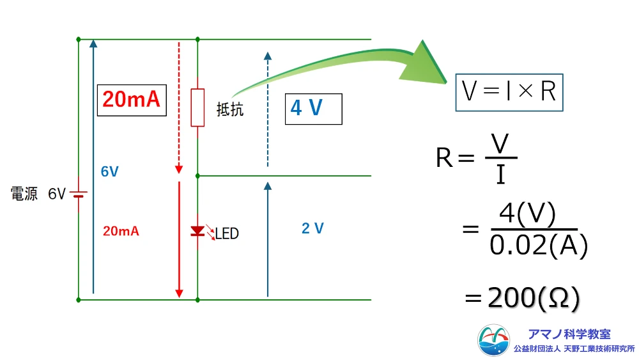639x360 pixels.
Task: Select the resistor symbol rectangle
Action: coord(197,107)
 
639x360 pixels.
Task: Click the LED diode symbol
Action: coord(197,231)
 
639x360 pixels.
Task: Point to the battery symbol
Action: coord(79,193)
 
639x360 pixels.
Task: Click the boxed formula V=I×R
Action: coord(509,93)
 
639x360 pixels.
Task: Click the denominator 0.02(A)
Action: coord(538,246)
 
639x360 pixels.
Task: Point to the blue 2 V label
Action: coord(312,228)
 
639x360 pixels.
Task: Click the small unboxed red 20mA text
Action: coord(121,231)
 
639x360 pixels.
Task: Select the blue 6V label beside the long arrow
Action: coord(110,171)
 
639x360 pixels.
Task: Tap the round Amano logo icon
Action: coord(494,340)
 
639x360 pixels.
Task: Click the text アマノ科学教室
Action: coord(569,334)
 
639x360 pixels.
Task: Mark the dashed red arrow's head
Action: coord(179,169)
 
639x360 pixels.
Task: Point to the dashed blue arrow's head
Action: coord(268,54)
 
